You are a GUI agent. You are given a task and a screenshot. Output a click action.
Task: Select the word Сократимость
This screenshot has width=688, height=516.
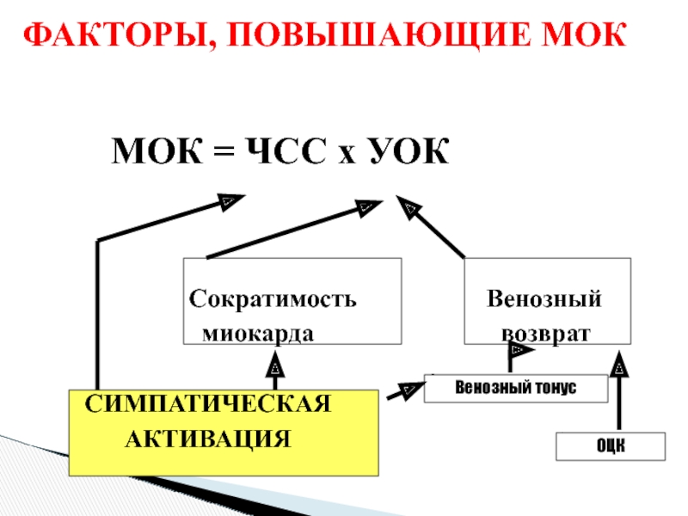pos(273,301)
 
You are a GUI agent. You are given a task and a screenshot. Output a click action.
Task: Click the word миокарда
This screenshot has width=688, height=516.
pos(258,333)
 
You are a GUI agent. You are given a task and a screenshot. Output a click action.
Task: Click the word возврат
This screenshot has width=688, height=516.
pos(547,333)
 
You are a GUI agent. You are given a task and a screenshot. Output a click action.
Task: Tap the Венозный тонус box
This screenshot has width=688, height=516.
pos(516,388)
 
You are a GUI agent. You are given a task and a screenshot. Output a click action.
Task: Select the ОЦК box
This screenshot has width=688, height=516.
pos(611,446)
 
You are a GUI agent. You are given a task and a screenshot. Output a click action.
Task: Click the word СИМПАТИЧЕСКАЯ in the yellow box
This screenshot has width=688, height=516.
pos(207,404)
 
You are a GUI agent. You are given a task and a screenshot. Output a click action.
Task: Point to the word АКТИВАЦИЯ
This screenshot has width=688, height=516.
pos(208,439)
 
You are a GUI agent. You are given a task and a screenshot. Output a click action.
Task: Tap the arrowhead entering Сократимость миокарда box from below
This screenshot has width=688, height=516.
pos(275,369)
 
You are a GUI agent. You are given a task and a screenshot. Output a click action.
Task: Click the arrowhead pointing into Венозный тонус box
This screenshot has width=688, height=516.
pos(405,391)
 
